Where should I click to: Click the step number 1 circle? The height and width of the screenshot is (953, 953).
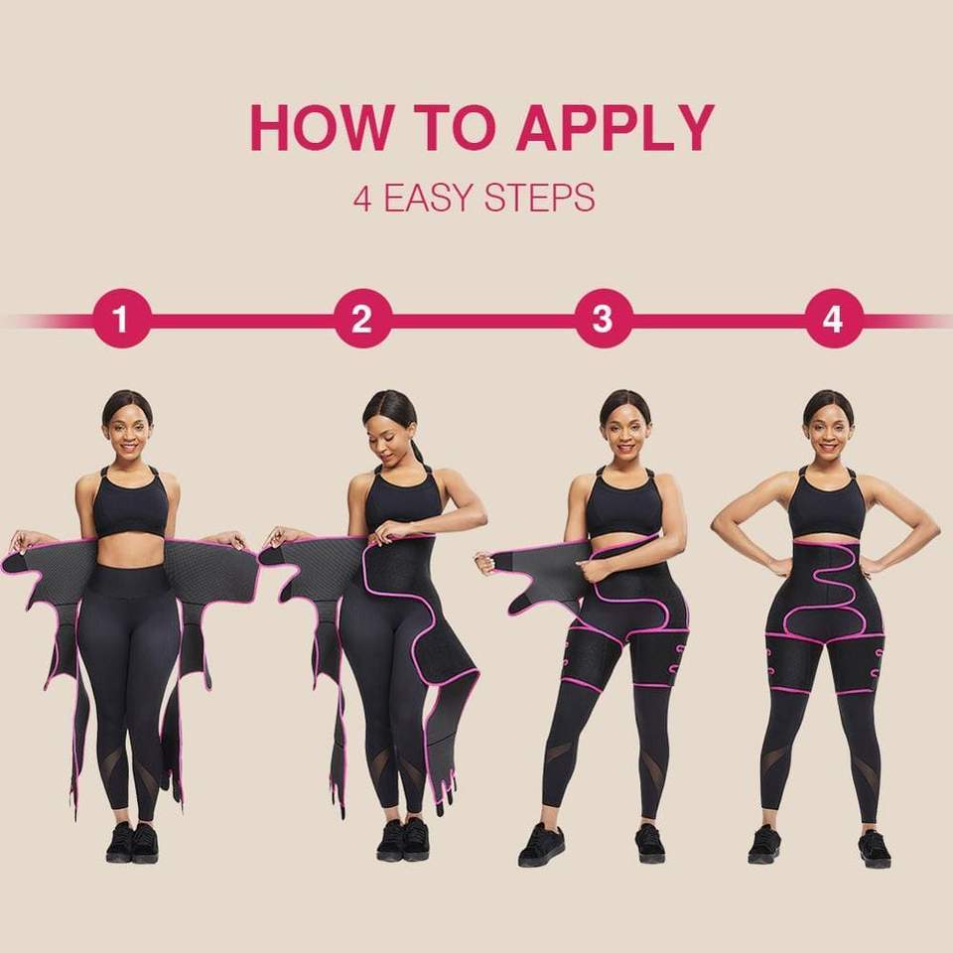pyautogui.click(x=121, y=320)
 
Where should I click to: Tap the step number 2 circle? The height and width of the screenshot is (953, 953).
pyautogui.click(x=362, y=320)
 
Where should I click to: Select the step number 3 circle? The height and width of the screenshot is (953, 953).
pyautogui.click(x=604, y=320)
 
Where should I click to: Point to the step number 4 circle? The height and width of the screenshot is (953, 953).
pyautogui.click(x=832, y=320)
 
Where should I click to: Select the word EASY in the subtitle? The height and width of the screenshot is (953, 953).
pyautogui.click(x=428, y=198)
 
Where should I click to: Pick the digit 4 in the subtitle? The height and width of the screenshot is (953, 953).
pyautogui.click(x=362, y=198)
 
